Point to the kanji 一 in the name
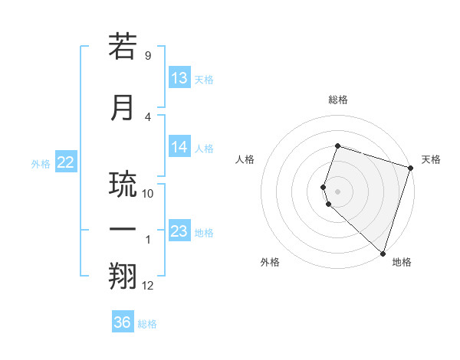point(123,230)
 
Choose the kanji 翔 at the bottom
point(123,277)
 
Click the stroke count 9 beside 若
point(148,56)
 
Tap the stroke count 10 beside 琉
point(148,194)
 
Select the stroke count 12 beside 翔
point(148,286)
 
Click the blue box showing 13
point(179,78)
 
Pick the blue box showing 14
point(179,148)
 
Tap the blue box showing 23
point(179,231)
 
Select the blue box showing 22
point(66,162)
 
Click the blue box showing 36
point(123,322)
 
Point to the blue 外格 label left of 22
point(41,163)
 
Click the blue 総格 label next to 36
point(147,324)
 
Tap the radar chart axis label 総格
point(337,100)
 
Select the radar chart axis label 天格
point(431,159)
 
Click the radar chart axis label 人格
point(245,159)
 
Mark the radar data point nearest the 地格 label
point(383,254)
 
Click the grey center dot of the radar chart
point(337,191)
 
